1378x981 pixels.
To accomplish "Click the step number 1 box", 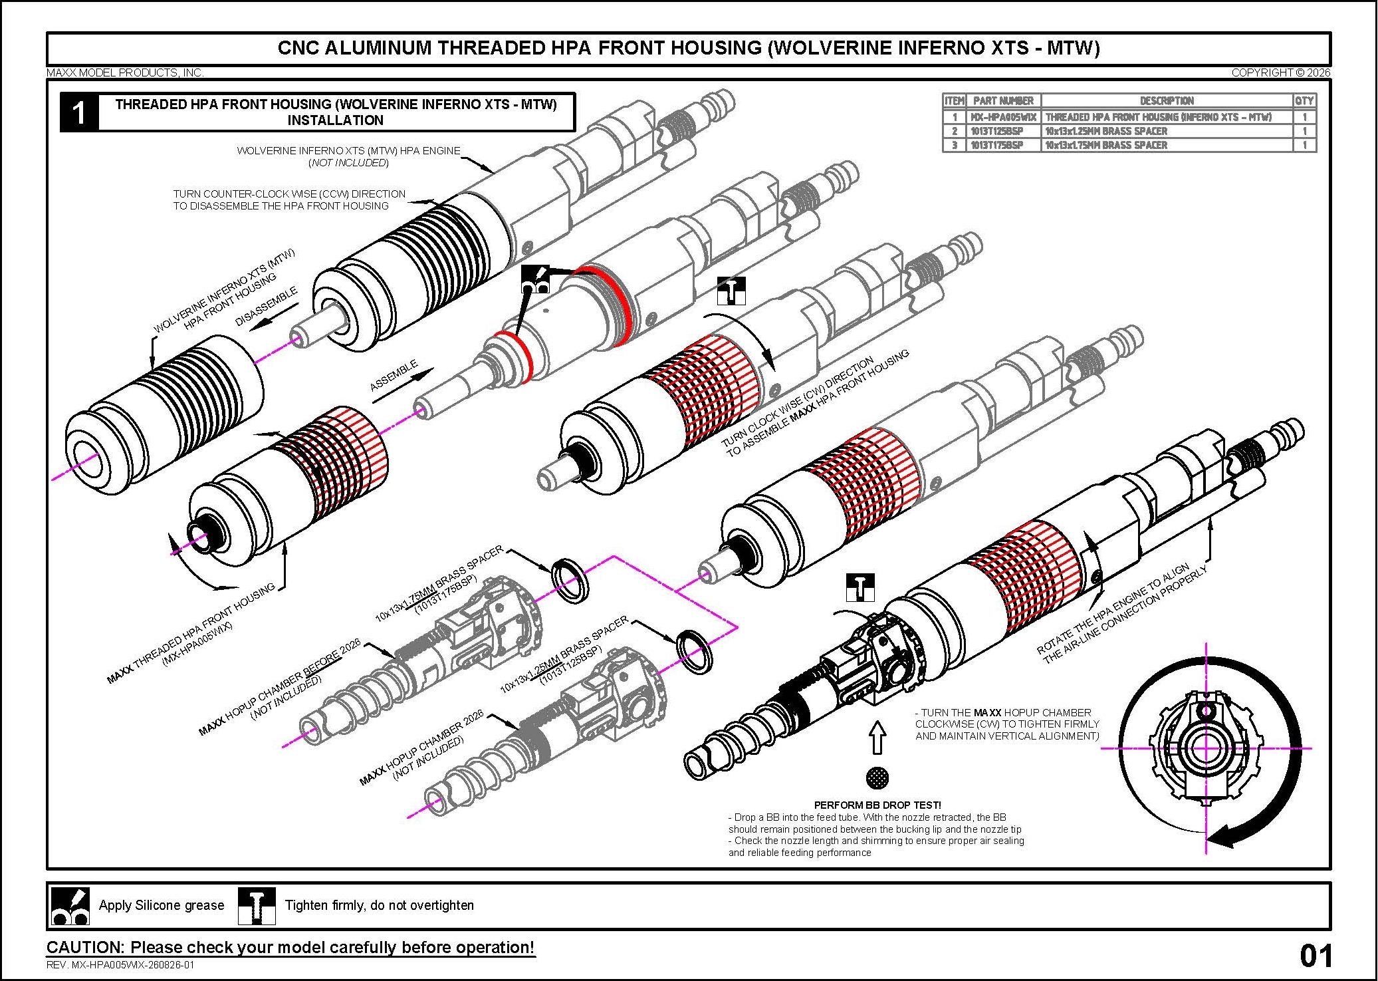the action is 79,112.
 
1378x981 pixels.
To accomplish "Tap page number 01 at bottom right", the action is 1316,956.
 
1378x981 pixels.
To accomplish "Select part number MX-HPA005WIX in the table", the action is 1003,117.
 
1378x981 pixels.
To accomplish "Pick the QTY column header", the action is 1304,101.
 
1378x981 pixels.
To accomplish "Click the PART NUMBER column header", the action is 1003,101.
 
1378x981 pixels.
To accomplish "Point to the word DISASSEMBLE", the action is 267,306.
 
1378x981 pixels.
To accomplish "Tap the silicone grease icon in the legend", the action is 70,906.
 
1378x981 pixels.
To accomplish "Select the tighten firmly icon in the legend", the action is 257,906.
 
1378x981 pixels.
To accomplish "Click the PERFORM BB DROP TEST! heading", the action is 877,805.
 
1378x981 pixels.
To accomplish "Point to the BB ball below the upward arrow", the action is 877,777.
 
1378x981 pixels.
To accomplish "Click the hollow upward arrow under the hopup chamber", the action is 877,738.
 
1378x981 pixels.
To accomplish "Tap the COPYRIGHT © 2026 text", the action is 1281,72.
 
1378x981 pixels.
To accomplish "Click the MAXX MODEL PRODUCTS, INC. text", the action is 125,72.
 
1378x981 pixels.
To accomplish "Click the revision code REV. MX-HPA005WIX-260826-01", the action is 120,965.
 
